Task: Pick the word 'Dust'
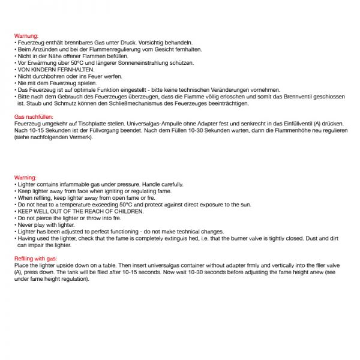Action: (312, 238)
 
